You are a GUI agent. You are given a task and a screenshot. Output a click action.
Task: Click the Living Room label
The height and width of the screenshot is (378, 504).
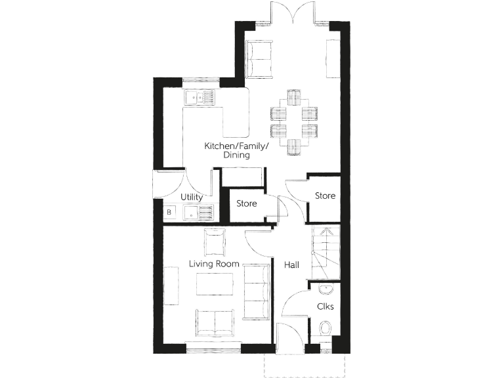[214, 264]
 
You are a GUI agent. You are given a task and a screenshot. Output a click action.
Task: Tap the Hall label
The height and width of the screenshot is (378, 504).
[291, 265]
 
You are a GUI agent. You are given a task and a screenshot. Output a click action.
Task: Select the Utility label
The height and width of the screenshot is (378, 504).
[191, 197]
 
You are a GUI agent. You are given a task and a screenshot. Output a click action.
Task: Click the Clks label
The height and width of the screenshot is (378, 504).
[325, 306]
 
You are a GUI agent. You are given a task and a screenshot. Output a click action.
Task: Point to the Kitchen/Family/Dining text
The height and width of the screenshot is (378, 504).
[236, 150]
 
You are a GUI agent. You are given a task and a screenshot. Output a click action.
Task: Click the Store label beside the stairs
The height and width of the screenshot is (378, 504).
[325, 196]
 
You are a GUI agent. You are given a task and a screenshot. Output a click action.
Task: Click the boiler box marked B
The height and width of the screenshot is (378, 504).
[169, 212]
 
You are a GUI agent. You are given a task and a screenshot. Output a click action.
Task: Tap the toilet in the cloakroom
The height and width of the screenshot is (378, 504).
[325, 328]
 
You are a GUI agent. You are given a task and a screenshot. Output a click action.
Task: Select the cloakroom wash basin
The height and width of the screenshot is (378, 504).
[325, 289]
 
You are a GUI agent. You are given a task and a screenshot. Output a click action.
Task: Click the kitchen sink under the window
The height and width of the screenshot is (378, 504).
[199, 98]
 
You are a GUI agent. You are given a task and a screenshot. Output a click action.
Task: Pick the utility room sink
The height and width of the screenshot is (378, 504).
[199, 212]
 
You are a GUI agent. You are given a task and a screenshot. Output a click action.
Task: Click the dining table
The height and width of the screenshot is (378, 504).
[293, 121]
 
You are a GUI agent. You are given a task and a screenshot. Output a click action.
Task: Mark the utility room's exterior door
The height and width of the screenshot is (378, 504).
[157, 184]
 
